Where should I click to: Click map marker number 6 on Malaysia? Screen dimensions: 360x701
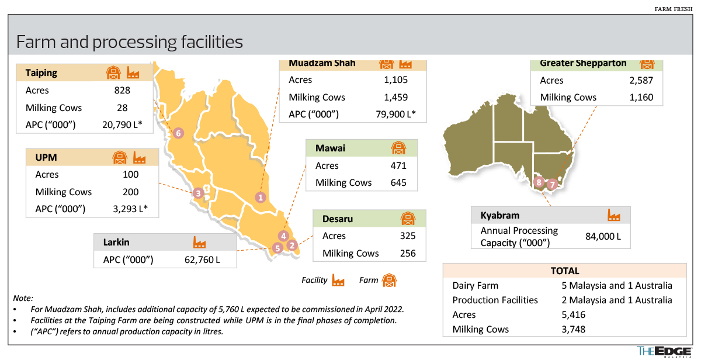pos(179,133)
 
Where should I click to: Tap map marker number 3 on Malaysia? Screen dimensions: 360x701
pos(199,193)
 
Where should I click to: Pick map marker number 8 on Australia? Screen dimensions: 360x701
pos(539,182)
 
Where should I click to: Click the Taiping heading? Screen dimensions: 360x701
pos(41,73)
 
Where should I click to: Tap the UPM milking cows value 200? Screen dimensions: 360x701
pos(131,192)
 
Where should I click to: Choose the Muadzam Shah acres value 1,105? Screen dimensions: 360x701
pos(396,80)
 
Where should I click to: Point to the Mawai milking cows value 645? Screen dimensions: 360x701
pos(398,183)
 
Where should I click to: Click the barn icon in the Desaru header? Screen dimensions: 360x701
pos(407,219)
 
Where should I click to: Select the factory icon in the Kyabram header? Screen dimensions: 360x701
pos(614,215)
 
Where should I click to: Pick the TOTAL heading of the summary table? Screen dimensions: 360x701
pos(565,271)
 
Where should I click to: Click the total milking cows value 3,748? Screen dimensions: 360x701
pos(573,329)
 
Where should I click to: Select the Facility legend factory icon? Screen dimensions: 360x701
pos(338,281)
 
